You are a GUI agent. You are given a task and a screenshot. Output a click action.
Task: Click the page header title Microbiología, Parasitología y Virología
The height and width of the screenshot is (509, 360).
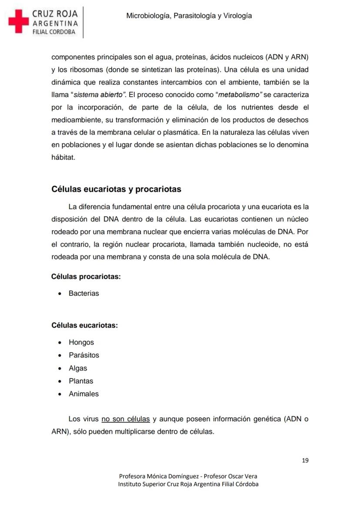[189, 16]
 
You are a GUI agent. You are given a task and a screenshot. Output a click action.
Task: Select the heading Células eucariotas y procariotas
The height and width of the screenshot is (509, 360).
[116, 189]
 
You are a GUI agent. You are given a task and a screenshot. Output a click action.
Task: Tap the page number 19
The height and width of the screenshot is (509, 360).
[305, 460]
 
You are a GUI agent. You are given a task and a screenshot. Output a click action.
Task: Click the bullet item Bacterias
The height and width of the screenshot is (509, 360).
[83, 293]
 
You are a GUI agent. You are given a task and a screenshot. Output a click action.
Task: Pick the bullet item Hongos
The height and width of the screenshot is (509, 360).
[81, 342]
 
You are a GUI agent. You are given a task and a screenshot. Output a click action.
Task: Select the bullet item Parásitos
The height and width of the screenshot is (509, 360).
[83, 355]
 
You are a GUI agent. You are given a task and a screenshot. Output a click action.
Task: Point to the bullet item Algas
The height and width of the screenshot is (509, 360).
[78, 368]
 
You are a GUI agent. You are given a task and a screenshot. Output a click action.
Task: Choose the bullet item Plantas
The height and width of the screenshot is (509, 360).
[81, 381]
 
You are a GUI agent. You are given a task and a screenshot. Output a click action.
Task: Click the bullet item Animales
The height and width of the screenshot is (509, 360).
[83, 394]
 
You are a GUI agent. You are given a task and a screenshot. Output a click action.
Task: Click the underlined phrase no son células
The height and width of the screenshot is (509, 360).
[126, 419]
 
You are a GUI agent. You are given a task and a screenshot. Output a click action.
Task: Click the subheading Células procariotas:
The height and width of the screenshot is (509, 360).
[86, 276]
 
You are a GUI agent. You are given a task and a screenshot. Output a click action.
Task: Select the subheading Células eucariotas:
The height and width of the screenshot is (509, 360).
[85, 325]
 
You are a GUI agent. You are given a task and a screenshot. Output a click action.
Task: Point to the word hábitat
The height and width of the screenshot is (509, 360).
[63, 157]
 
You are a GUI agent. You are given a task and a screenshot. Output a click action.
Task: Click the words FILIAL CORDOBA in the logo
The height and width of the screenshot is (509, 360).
[54, 32]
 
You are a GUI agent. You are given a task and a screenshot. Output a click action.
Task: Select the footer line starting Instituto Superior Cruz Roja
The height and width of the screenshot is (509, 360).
[188, 484]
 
